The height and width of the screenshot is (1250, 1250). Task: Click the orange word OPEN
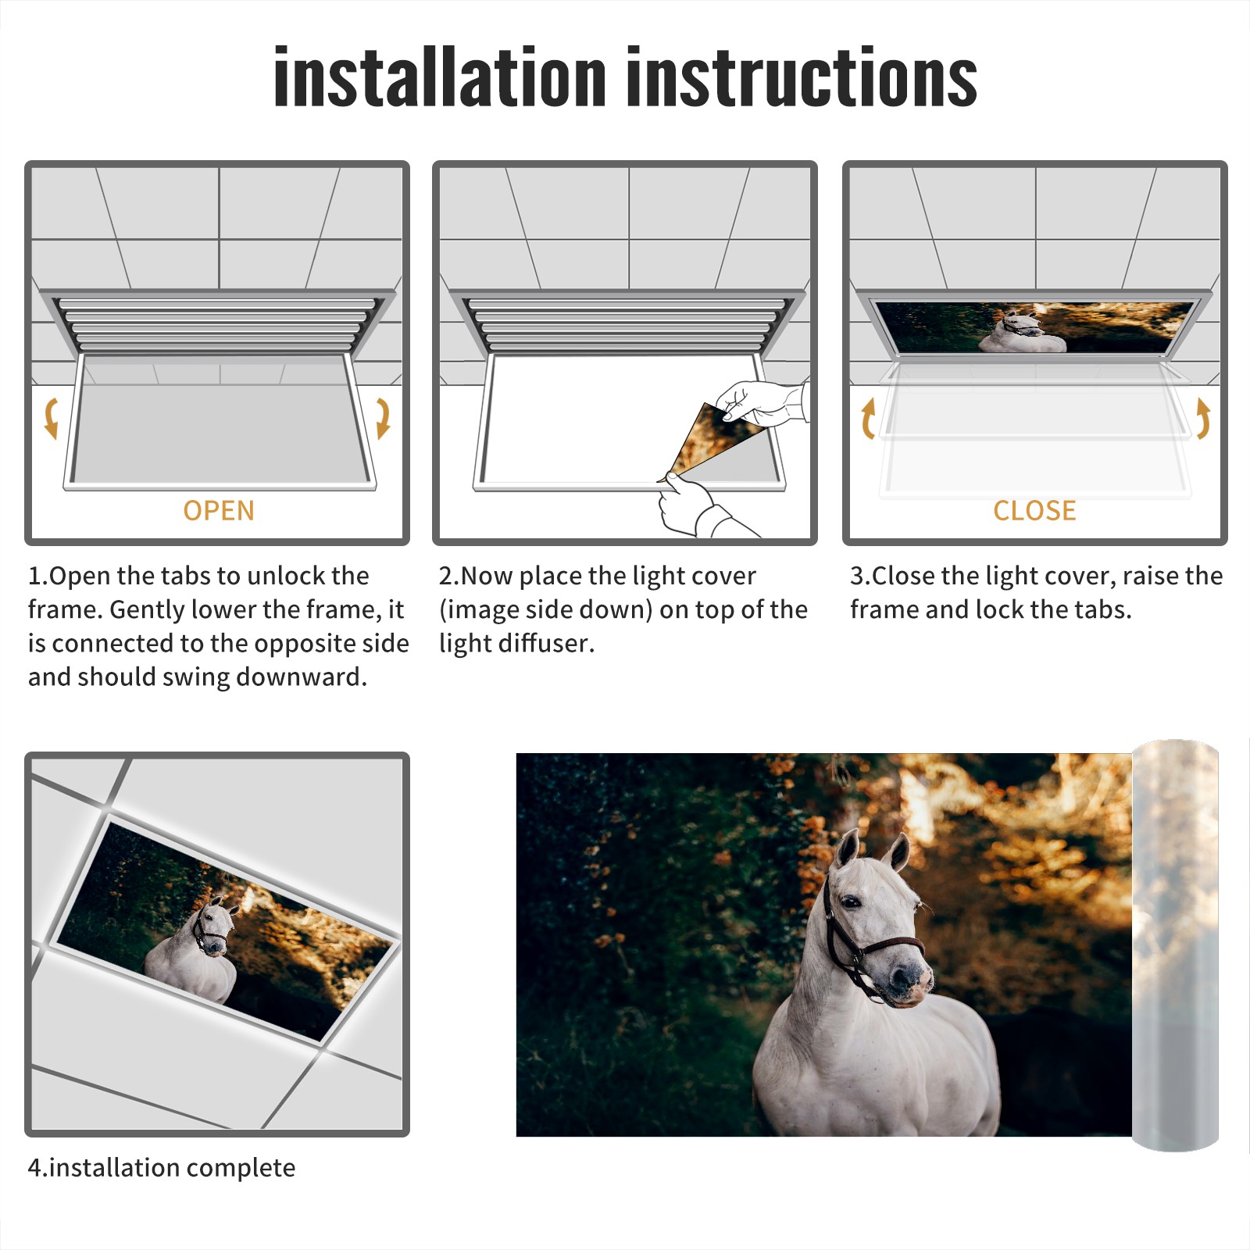[x=219, y=510]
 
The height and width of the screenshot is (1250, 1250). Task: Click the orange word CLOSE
[x=1034, y=510]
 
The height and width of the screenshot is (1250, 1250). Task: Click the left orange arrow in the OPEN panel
[x=51, y=418]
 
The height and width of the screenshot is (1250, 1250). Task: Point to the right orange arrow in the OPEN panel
[x=383, y=418]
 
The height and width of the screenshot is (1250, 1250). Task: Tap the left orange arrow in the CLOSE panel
[x=868, y=418]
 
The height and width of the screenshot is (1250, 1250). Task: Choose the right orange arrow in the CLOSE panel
[x=1203, y=418]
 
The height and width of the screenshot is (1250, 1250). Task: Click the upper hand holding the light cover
[x=762, y=402]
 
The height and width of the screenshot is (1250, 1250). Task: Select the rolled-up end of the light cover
[x=1175, y=945]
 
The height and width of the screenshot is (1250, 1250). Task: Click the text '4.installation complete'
[x=162, y=1168]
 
